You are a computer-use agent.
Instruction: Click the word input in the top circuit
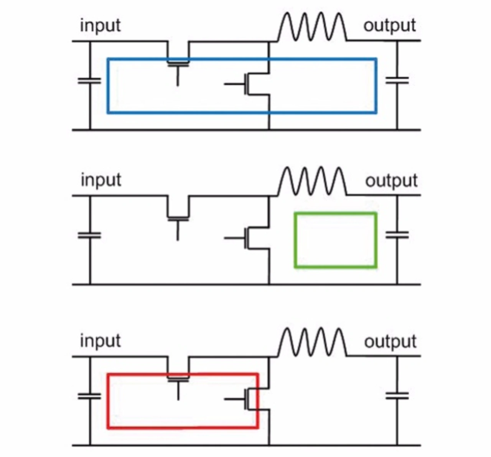point(100,26)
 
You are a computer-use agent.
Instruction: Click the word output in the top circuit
point(389,26)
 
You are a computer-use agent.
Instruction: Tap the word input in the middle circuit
point(101,180)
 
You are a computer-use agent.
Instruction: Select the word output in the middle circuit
point(391,180)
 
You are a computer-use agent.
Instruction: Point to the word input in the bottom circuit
point(100,341)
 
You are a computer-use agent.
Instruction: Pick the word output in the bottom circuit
point(390,341)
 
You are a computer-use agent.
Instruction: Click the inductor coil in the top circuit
point(312,27)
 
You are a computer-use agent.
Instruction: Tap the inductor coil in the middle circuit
point(312,181)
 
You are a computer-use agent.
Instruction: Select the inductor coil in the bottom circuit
point(312,342)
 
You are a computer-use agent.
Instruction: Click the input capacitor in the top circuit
point(90,81)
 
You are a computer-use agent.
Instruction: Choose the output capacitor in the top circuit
point(397,80)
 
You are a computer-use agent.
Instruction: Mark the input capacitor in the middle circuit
point(90,235)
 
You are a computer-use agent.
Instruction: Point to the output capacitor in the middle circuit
point(397,235)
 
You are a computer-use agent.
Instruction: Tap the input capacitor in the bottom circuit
point(90,396)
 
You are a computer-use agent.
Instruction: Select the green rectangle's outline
point(295,240)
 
